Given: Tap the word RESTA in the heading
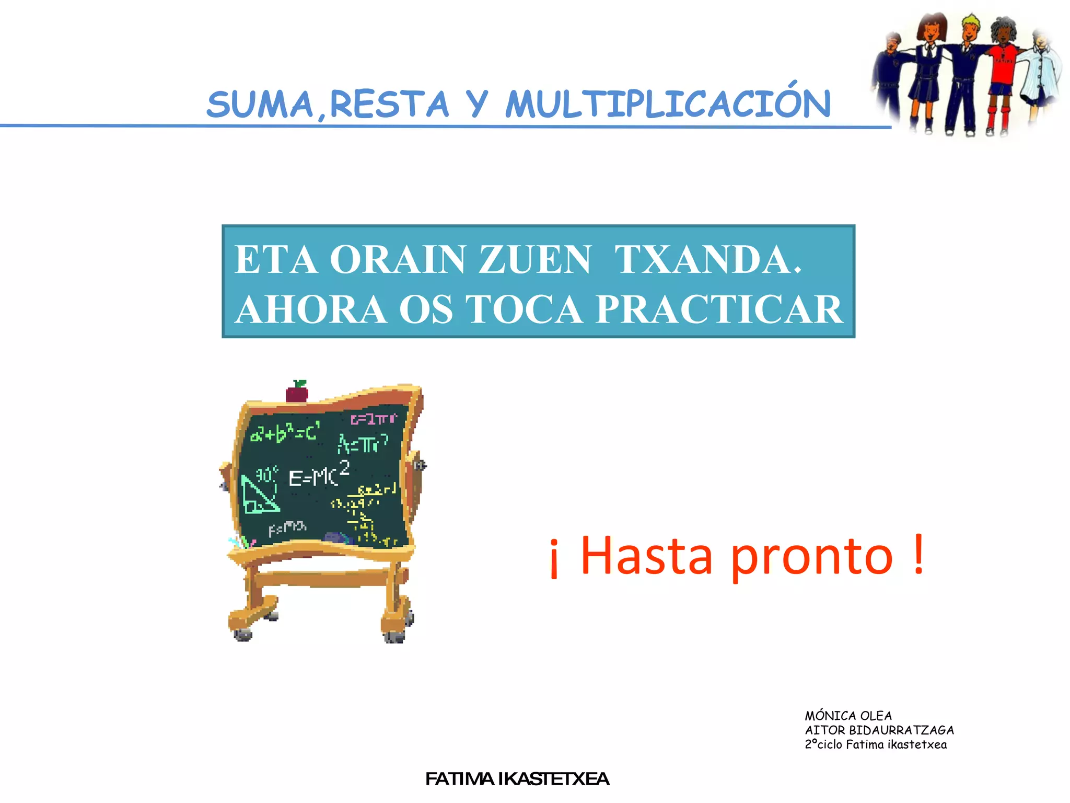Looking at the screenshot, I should coord(389,104).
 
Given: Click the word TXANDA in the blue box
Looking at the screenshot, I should coord(707,259).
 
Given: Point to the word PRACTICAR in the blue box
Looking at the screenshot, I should coord(719,309).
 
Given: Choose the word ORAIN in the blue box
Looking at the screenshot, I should coord(397,259).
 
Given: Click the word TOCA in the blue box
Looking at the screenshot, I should coord(524,309).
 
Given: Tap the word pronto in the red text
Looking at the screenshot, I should coord(811,557).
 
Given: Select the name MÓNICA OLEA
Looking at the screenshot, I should coord(848,716).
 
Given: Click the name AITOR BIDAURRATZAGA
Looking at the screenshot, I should coord(879,730).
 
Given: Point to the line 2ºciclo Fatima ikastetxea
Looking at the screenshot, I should coord(876,744).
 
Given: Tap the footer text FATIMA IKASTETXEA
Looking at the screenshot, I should coord(517,779).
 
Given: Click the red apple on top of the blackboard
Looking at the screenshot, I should coord(297,392).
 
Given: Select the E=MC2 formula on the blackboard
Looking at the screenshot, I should coord(319,475).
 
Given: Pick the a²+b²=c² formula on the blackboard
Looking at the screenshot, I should coord(285,433).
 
